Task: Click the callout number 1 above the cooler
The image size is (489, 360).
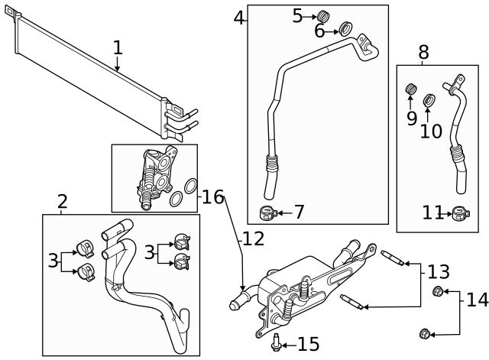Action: pos(117,47)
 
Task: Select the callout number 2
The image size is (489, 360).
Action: pos(63,202)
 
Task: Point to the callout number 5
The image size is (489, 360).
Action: pos(298,15)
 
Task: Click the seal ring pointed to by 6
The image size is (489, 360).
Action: pos(345,30)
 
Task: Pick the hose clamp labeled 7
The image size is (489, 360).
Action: pos(267,212)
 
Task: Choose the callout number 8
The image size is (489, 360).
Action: pos(423,53)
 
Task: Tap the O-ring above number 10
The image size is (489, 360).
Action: pos(429,99)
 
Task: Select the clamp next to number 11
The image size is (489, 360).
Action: pos(459,213)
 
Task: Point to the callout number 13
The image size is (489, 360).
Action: pos(439,271)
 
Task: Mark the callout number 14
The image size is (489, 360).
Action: pos(477,299)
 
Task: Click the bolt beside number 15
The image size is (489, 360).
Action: pos(274,343)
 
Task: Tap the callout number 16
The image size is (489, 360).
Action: pos(213,197)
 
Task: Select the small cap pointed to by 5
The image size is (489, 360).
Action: pos(323,15)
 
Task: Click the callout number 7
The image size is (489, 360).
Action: pos(298,212)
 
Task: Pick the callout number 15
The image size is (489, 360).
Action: pos(308,345)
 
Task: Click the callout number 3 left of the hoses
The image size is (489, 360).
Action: pos(53,260)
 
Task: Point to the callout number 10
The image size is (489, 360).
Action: pos(431,131)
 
